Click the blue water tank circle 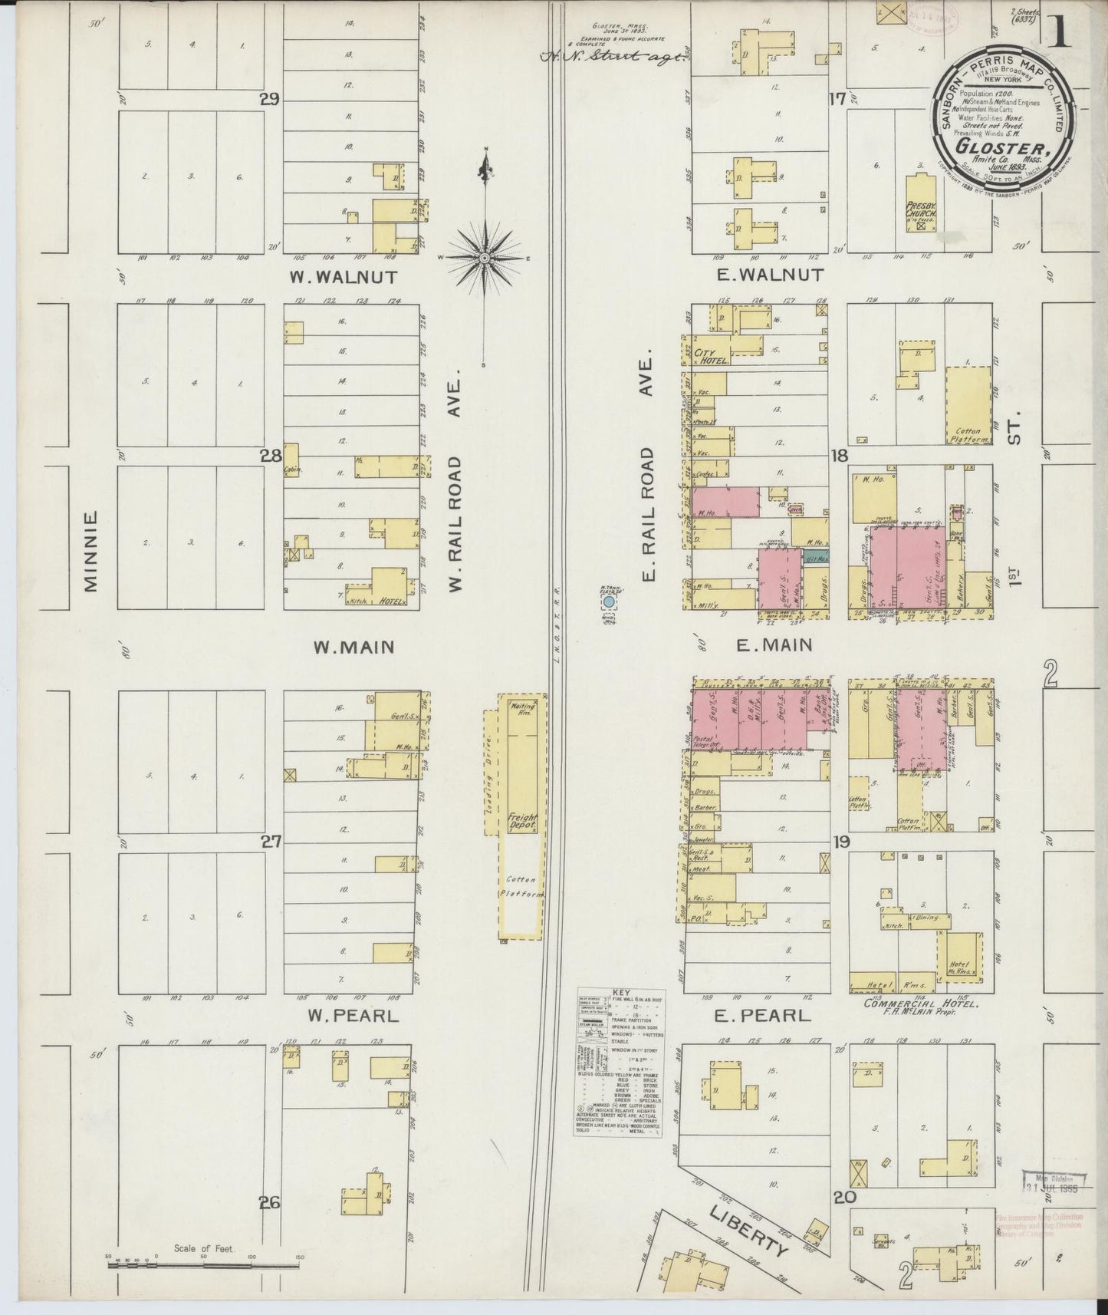(609, 605)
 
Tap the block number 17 (836, 99)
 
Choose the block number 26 (269, 1203)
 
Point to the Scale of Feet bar (203, 1263)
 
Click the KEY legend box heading (622, 992)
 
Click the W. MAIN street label (353, 648)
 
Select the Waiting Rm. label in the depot (524, 709)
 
